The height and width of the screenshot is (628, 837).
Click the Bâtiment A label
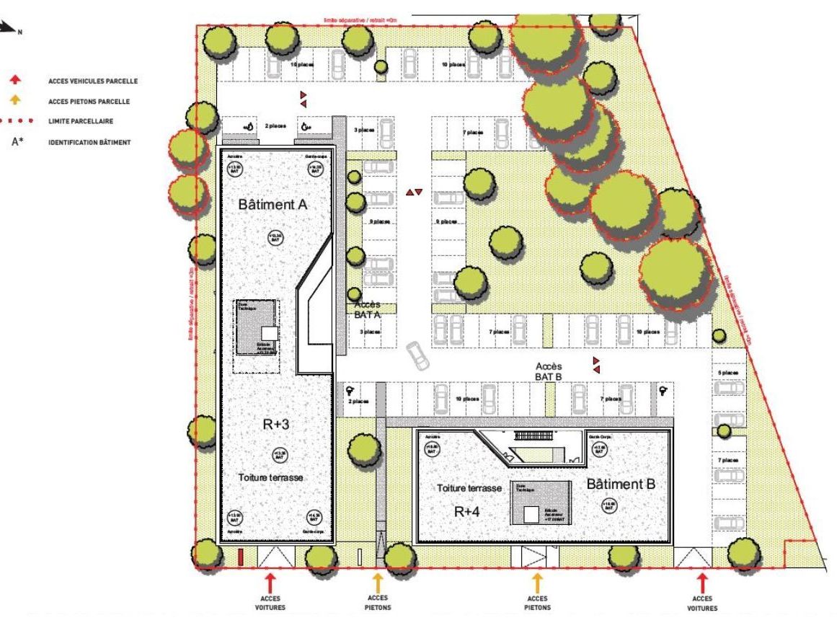[273, 205]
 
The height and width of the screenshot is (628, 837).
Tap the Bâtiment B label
[620, 484]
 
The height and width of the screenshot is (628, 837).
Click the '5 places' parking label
[729, 373]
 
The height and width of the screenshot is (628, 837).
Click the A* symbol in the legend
[18, 142]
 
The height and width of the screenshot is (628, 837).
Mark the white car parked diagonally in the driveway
[416, 354]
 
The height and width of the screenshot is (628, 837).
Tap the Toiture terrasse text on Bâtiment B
[469, 488]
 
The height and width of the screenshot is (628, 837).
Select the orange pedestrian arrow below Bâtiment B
[536, 581]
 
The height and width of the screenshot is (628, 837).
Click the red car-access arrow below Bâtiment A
[270, 581]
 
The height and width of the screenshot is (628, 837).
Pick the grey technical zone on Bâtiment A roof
[254, 326]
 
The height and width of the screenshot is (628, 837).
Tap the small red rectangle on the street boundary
[240, 556]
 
